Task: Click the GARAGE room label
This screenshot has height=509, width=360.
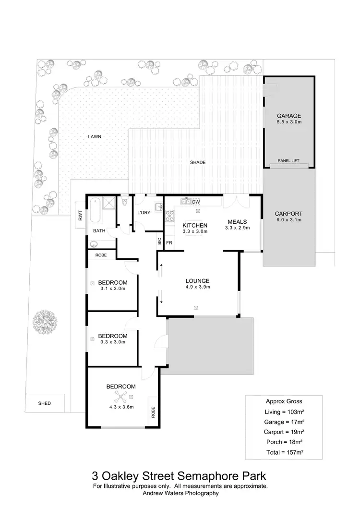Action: point(288,116)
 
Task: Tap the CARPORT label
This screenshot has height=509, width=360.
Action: point(288,214)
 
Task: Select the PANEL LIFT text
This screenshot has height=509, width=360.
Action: point(288,161)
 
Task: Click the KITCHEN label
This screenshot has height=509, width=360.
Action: point(195,225)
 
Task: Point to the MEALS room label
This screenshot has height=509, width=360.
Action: point(237,221)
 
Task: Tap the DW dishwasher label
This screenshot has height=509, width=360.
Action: point(195,202)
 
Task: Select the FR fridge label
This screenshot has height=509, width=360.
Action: point(169,243)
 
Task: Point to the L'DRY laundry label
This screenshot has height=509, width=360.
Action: point(144,213)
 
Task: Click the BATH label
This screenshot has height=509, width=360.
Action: point(99,231)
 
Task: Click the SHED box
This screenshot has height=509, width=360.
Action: point(44,403)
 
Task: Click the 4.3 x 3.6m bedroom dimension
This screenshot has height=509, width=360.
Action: point(120,407)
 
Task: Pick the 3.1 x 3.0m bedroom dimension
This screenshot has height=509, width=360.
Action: point(113,289)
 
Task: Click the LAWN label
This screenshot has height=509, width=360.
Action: point(94,136)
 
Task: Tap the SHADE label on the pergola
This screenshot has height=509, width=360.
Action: point(197,162)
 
